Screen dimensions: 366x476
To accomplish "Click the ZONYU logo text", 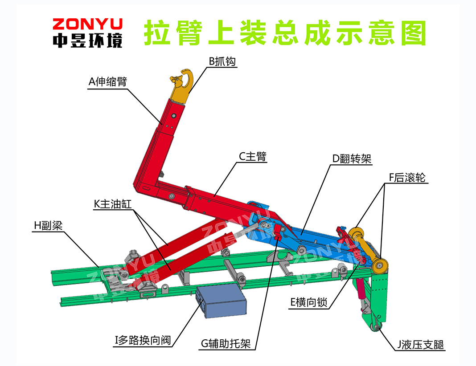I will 87,24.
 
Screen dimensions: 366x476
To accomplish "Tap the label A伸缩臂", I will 107,82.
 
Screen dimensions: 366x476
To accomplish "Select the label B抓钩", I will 222,61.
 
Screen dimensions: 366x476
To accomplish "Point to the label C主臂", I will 252,157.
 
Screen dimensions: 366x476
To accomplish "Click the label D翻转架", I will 352,159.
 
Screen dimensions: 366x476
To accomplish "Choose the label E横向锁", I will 309,303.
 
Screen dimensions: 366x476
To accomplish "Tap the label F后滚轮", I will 407,178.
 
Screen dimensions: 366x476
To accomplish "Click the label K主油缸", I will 113,204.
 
